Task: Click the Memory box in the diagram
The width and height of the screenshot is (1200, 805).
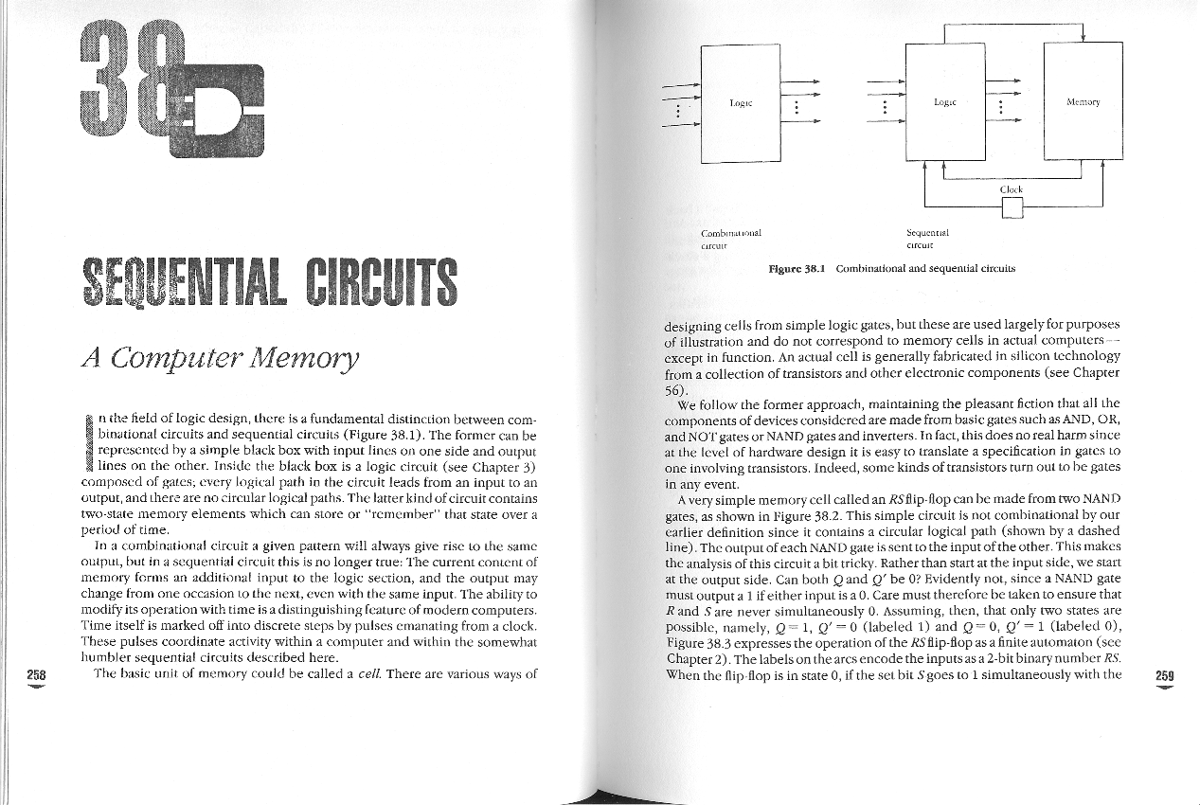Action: (1082, 101)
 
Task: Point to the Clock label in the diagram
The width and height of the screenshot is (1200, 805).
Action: (1012, 189)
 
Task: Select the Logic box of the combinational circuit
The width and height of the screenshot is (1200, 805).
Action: (740, 104)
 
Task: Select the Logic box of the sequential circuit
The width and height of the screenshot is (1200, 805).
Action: (945, 101)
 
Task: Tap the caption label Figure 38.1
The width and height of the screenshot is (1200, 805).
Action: (797, 268)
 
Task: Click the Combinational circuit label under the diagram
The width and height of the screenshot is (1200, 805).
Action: (731, 238)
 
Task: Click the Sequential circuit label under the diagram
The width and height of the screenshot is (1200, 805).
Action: (927, 238)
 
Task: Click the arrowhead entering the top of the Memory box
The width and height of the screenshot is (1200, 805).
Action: (1083, 37)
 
